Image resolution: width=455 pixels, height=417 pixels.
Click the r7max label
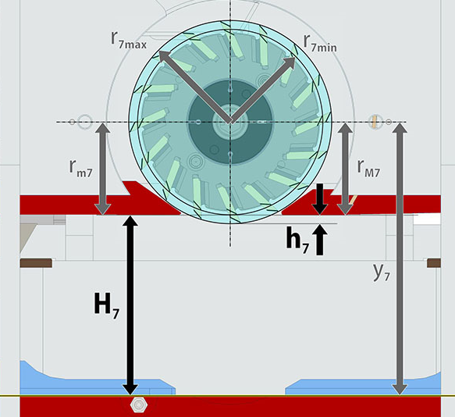129,40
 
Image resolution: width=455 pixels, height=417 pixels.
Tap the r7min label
320,44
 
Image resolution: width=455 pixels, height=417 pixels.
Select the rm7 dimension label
80,169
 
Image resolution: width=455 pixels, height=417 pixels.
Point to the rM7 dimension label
368,169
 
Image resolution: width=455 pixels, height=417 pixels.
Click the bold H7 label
106,305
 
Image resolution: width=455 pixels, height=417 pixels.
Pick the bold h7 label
297,241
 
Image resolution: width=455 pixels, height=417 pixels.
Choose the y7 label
381,273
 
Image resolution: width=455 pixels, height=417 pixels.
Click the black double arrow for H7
130,305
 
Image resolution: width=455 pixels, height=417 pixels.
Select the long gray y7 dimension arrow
400,258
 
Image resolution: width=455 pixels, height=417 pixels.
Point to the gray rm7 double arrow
103,169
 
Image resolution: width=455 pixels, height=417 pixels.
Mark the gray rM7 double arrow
345,169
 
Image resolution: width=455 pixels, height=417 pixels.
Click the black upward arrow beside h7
319,240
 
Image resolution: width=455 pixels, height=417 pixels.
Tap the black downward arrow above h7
319,199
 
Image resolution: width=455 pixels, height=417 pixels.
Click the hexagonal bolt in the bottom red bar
139,405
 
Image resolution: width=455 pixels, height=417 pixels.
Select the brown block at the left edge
36,262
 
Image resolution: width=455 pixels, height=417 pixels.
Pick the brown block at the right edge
434,262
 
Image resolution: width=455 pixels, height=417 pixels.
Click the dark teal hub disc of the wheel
230,122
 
